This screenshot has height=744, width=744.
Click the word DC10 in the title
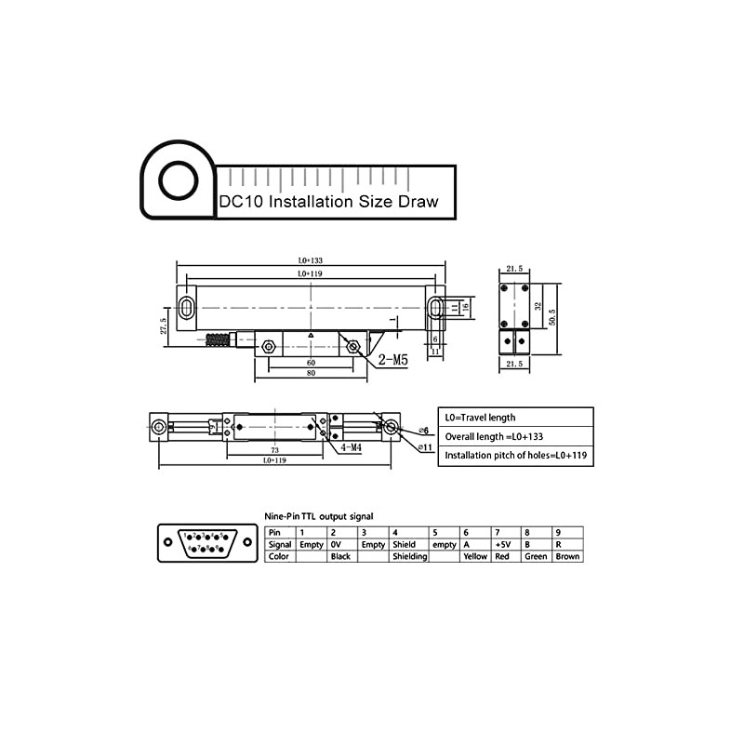pos(241,201)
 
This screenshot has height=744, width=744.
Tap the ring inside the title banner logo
pos(177,180)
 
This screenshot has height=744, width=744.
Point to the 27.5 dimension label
pos(164,326)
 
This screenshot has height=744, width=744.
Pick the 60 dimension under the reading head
pos(310,362)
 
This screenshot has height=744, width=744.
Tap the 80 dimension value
pos(311,374)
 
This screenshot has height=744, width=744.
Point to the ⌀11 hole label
pos(425,447)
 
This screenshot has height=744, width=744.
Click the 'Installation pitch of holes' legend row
pos(515,456)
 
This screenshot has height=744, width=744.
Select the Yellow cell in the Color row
pos(474,556)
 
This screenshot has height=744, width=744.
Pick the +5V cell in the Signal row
pos(504,544)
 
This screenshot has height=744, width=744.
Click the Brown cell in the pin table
pos(567,556)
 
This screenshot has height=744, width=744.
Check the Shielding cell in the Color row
pos(409,556)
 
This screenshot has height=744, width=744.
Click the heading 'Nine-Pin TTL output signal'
pos(319,515)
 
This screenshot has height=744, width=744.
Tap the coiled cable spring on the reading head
pos(217,340)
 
